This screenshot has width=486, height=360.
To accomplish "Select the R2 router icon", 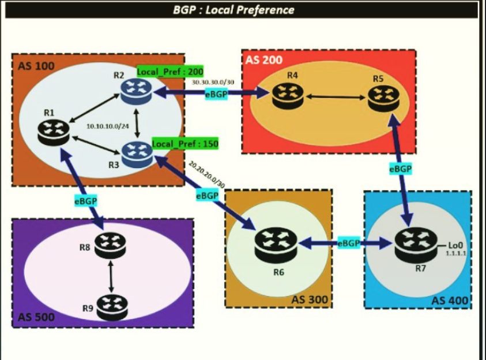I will pyautogui.click(x=136, y=91).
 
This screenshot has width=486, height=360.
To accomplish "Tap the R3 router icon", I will pyautogui.click(x=137, y=153).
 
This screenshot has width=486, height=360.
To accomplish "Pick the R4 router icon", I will pyautogui.click(x=288, y=95).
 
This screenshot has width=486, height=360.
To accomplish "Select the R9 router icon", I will pyautogui.click(x=112, y=306).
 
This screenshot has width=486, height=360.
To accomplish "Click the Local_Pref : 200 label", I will pyautogui.click(x=170, y=72).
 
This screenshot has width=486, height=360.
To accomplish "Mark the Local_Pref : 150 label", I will pyautogui.click(x=185, y=144).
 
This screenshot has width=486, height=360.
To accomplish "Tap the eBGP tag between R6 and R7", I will pyautogui.click(x=349, y=243).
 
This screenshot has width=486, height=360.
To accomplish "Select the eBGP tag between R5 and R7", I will pyautogui.click(x=400, y=170).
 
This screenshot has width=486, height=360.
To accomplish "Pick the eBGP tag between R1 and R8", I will pyautogui.click(x=85, y=201).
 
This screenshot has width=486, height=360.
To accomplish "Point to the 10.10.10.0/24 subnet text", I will pyautogui.click(x=107, y=126).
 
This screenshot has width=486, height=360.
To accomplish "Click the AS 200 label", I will pyautogui.click(x=263, y=60).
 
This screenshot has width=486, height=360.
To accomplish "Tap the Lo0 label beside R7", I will pyautogui.click(x=454, y=245).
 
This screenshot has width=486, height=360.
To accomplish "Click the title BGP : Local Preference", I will pyautogui.click(x=233, y=10).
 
